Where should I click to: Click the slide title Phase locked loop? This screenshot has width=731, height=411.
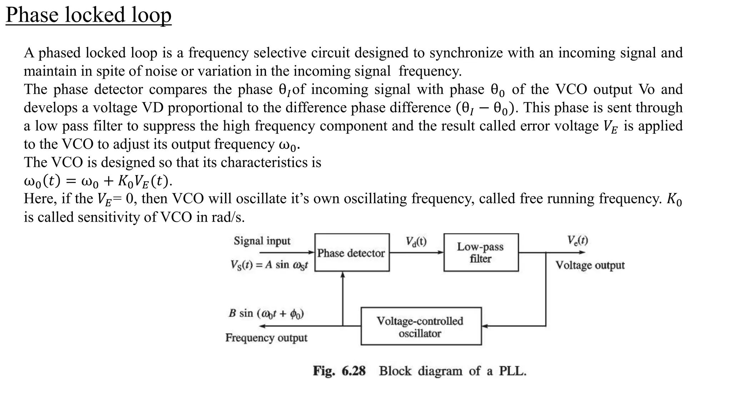tap(89, 15)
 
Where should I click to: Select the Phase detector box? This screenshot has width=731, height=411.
tap(352, 253)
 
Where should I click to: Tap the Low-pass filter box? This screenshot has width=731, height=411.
tap(480, 253)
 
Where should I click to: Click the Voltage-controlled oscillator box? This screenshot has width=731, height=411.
tap(420, 326)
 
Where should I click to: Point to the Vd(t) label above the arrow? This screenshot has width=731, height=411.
tap(416, 242)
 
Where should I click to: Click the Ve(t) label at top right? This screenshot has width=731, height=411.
tap(578, 240)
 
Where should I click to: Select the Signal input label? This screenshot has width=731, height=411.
tap(262, 241)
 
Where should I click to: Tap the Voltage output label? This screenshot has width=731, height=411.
tap(590, 265)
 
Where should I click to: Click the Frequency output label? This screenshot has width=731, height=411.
tap(266, 338)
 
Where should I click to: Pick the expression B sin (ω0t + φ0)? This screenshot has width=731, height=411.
tap(266, 314)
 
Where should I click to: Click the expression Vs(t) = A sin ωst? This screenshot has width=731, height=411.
tap(269, 265)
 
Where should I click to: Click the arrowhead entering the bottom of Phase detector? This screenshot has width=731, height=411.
tap(343, 275)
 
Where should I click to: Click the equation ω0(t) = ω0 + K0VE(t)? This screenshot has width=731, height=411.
tap(98, 181)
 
